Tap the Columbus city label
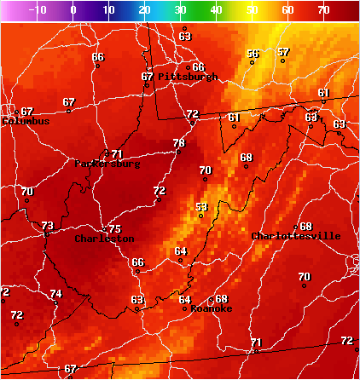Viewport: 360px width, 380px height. point(26,121)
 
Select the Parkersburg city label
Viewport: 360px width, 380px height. point(107,164)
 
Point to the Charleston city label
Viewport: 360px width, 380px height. point(104,239)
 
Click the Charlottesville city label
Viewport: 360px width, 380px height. point(296,236)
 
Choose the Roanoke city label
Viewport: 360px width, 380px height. point(212,308)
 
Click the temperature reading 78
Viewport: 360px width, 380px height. point(179,143)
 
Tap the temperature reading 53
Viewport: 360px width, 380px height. point(201,207)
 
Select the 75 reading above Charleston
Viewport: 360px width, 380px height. point(114,229)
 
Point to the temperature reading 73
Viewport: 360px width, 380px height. point(48,226)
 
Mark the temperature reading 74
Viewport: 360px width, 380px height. point(56,294)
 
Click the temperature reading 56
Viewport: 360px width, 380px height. point(253,54)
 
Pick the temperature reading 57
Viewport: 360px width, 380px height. point(283,53)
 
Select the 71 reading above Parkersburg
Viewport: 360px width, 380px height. point(117,154)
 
